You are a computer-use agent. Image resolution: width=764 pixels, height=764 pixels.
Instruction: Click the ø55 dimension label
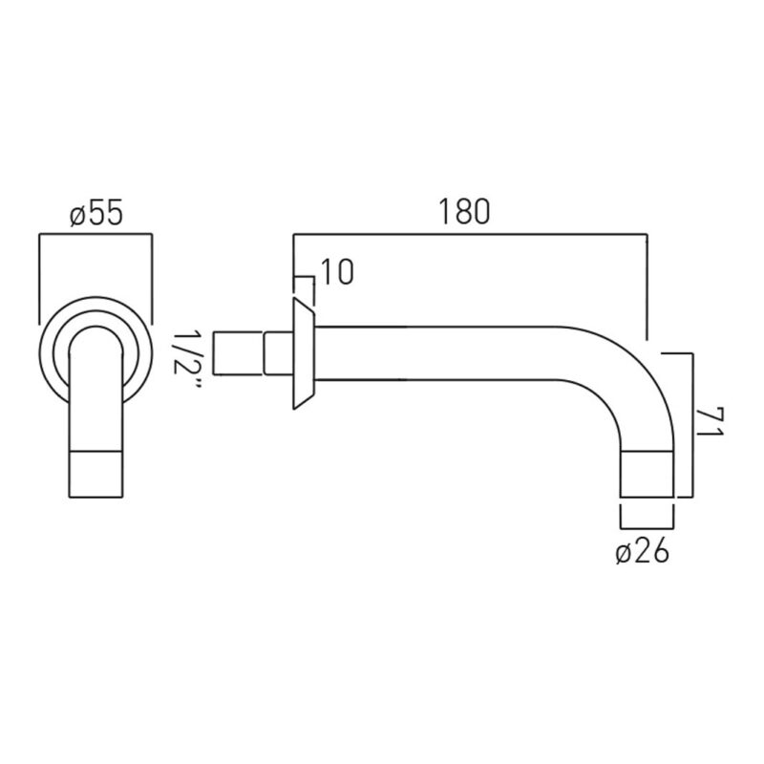coord(96,214)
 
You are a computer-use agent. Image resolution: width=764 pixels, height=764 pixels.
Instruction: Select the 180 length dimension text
coord(464,211)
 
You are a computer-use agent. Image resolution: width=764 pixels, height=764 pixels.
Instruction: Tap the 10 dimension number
coord(337,272)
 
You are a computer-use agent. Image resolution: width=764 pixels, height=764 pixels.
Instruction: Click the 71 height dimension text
coord(710,423)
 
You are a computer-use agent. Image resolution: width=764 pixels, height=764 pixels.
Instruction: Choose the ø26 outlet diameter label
coord(643,553)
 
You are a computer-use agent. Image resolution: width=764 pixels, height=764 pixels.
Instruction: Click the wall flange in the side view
coord(303,353)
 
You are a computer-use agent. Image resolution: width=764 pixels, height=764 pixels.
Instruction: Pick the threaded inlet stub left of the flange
coord(239,353)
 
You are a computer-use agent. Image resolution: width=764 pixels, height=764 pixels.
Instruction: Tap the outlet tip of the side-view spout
coord(647,475)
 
